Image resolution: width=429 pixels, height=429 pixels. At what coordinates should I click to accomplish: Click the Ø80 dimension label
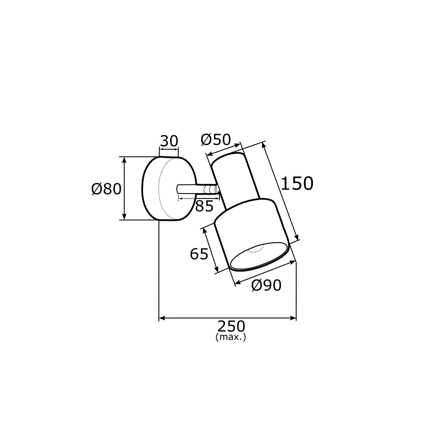point(107,189)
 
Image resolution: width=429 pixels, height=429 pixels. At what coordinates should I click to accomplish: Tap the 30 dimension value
point(169,141)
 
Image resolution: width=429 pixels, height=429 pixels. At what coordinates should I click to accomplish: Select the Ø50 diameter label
point(216,139)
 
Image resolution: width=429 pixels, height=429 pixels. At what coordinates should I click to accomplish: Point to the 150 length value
point(297,183)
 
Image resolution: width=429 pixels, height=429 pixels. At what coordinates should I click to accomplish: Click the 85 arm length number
point(204,206)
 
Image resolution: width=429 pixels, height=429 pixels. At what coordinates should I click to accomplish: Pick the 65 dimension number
point(199,254)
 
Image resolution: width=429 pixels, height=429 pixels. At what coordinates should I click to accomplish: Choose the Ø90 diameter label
point(266,285)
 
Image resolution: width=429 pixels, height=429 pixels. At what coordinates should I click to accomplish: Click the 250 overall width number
point(231,326)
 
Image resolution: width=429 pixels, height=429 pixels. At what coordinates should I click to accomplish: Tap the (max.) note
point(231,337)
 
